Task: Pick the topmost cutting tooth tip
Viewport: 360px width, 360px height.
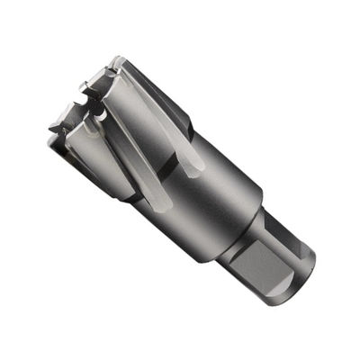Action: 115,63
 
